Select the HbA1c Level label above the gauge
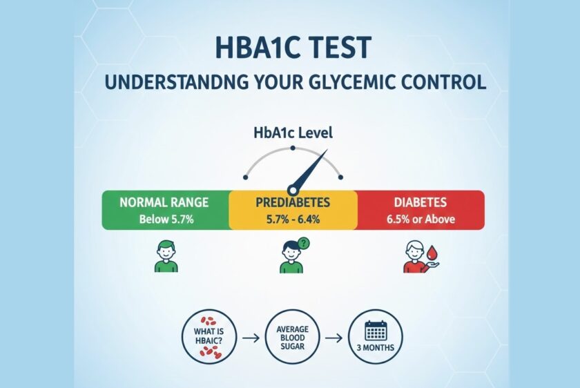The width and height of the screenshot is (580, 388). pyautogui.click(x=293, y=133)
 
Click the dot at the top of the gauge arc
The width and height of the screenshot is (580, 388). pyautogui.click(x=293, y=148)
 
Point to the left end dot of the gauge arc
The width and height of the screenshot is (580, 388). pyautogui.click(x=245, y=177)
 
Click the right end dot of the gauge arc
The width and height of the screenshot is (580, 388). pyautogui.click(x=340, y=177)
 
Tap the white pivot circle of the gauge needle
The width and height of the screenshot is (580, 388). pyautogui.click(x=293, y=191)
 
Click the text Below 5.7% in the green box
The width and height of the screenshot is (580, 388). pyautogui.click(x=166, y=220)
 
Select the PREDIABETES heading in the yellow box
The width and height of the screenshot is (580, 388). pyautogui.click(x=293, y=202)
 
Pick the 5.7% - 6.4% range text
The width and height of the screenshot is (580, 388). pyautogui.click(x=293, y=220)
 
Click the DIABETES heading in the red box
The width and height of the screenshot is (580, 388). pyautogui.click(x=420, y=202)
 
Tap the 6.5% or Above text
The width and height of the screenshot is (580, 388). pyautogui.click(x=421, y=220)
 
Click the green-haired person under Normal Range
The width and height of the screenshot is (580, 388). pyautogui.click(x=166, y=256)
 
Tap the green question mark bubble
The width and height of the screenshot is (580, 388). pyautogui.click(x=303, y=244)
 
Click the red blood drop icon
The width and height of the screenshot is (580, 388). pyautogui.click(x=432, y=253)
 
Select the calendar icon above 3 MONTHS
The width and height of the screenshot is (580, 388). pyautogui.click(x=376, y=331)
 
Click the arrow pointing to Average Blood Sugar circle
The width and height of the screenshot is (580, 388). pyautogui.click(x=251, y=338)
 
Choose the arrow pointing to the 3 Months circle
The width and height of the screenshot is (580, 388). pyautogui.click(x=333, y=338)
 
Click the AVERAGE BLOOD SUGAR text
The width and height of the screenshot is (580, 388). pyautogui.click(x=293, y=338)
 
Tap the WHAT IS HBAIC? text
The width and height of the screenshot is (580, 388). pyautogui.click(x=209, y=336)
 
